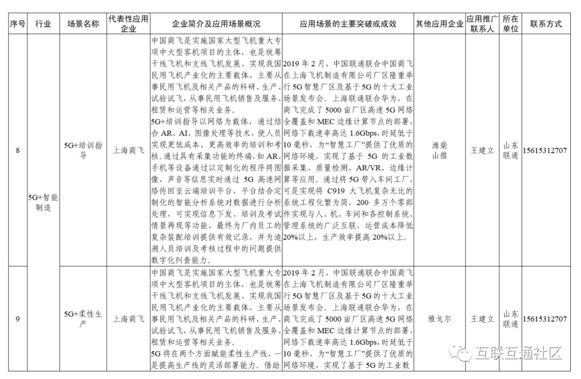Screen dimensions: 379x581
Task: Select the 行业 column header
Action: pos(44,24)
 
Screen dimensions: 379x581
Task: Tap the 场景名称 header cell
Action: pos(83,24)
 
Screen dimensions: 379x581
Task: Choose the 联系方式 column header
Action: pos(545,24)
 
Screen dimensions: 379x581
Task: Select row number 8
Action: pos(17,151)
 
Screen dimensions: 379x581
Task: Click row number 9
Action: pos(17,319)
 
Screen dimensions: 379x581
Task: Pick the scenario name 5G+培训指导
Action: pos(83,151)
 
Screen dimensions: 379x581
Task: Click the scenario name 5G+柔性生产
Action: pos(83,319)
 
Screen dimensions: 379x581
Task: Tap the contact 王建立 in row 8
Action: pos(482,151)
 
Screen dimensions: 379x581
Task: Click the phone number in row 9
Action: pos(545,319)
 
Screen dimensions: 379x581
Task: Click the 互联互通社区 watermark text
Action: pos(519,353)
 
